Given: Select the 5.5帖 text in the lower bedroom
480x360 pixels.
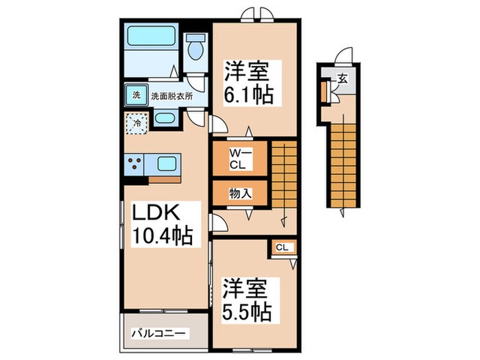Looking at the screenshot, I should pyautogui.click(x=245, y=310).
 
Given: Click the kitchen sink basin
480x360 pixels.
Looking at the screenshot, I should pyautogui.click(x=167, y=164).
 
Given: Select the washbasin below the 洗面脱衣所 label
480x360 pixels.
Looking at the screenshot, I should pyautogui.click(x=165, y=118).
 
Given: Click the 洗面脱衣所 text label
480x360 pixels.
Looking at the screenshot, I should pyautogui.click(x=171, y=96).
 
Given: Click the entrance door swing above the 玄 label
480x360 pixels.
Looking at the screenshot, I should pyautogui.click(x=345, y=57).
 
